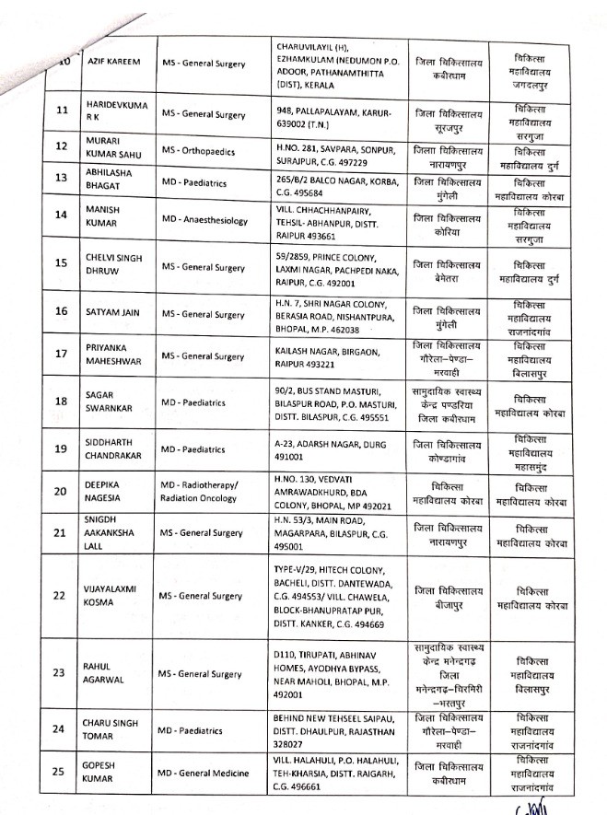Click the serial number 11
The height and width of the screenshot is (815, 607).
62,111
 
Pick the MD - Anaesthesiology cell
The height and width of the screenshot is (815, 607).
209,218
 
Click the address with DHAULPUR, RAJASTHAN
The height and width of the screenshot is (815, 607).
337,728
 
